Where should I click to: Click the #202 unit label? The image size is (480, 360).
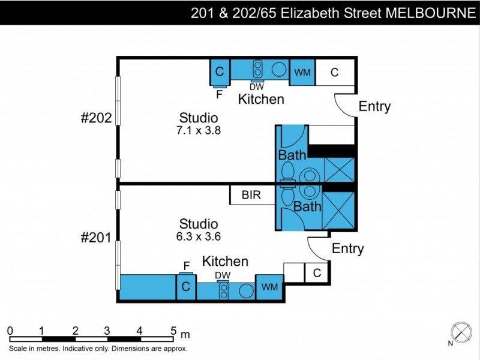pos(96,118)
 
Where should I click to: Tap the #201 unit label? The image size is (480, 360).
pos(96,238)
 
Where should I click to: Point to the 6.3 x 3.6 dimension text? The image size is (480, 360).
pos(199,236)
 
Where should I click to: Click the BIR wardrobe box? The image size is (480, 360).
pos(252,195)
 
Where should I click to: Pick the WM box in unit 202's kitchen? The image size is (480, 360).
pos(302,73)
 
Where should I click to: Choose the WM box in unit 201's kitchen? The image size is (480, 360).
pos(269,287)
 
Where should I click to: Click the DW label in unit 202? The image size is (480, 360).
pos(257,87)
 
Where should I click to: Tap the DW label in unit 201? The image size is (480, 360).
pos(223,275)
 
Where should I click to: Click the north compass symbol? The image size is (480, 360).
pos(461,332)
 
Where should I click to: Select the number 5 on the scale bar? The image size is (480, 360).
pos(173,331)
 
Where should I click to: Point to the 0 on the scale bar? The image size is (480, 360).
pos(10,331)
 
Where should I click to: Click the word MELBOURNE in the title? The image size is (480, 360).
pos(430,13)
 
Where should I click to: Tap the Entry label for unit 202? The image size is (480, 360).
pos(374,107)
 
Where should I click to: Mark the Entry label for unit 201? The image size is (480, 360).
pos(348,249)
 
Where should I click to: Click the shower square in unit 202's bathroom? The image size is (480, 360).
pos(339,170)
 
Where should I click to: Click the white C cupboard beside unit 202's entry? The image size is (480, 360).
pos(334,73)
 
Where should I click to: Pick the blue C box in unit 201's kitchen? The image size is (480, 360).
pos(186,287)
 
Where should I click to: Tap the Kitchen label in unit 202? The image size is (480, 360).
pos(261,99)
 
